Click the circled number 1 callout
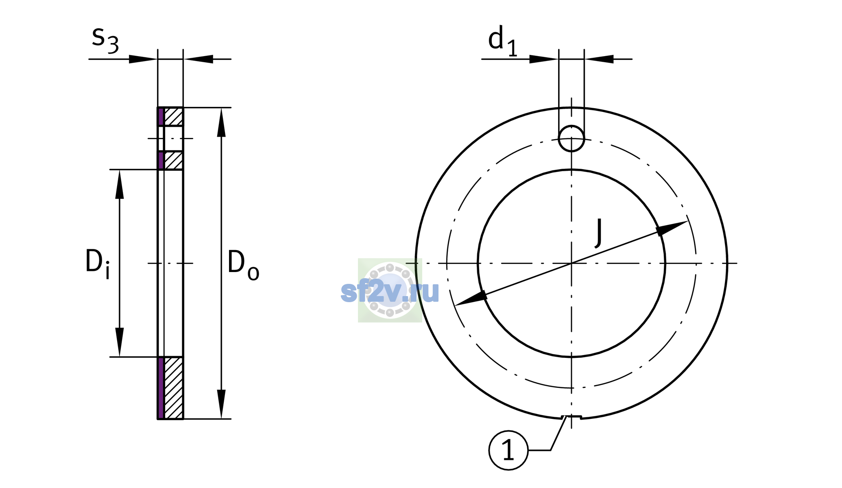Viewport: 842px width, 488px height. (508, 450)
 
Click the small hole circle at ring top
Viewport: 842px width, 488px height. (572, 139)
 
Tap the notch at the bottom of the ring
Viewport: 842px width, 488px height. (571, 417)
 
